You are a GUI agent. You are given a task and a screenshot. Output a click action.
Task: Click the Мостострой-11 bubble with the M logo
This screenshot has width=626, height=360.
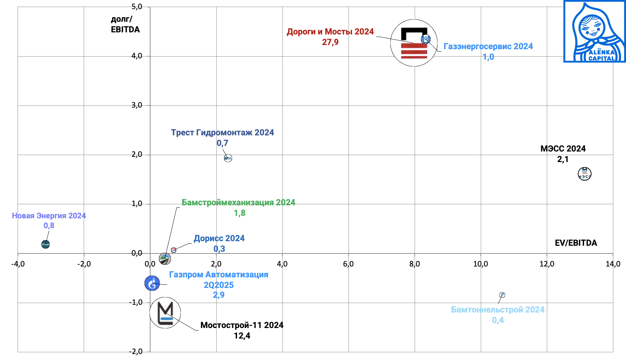(x=165, y=313)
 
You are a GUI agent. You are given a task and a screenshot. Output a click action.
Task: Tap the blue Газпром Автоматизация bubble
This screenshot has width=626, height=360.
(x=152, y=283)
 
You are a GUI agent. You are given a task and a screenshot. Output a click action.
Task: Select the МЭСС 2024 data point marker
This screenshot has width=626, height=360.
(x=585, y=174)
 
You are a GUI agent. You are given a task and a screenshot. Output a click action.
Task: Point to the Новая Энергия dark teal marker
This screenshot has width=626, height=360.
(x=45, y=244)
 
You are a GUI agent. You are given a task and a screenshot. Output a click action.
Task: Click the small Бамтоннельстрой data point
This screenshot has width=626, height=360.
(x=502, y=295)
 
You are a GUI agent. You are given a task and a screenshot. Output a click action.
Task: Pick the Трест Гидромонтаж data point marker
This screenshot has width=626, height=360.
(x=228, y=158)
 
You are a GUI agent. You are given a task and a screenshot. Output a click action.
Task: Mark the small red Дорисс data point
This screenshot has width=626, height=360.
(x=173, y=250)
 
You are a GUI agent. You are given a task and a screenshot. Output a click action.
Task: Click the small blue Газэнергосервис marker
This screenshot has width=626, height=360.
(x=426, y=39)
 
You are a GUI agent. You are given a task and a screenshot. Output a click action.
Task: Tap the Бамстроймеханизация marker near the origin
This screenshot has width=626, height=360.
(x=165, y=259)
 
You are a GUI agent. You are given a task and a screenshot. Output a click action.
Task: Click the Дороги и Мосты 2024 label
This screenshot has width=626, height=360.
(x=330, y=32)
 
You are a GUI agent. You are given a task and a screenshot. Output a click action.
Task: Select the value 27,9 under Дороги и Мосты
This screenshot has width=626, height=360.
(x=330, y=42)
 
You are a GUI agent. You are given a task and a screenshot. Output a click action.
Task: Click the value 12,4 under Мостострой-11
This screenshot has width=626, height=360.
(x=242, y=336)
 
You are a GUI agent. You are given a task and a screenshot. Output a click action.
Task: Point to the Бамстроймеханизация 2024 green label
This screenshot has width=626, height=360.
(x=238, y=202)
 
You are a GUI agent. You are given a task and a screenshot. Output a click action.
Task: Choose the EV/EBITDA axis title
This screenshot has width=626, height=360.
(x=576, y=243)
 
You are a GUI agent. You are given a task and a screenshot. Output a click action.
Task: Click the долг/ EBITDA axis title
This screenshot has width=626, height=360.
(x=125, y=24)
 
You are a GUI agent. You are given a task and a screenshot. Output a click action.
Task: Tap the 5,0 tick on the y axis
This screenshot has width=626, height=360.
(x=137, y=7)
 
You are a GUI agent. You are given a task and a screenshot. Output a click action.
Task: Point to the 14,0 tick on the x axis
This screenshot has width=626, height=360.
(x=613, y=264)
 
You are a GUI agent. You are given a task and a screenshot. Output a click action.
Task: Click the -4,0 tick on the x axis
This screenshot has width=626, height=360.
(x=18, y=264)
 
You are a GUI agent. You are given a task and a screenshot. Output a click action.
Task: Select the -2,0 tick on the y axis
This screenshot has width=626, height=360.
(x=135, y=351)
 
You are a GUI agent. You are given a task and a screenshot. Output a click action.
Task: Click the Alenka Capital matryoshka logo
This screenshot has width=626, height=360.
(x=594, y=32)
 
